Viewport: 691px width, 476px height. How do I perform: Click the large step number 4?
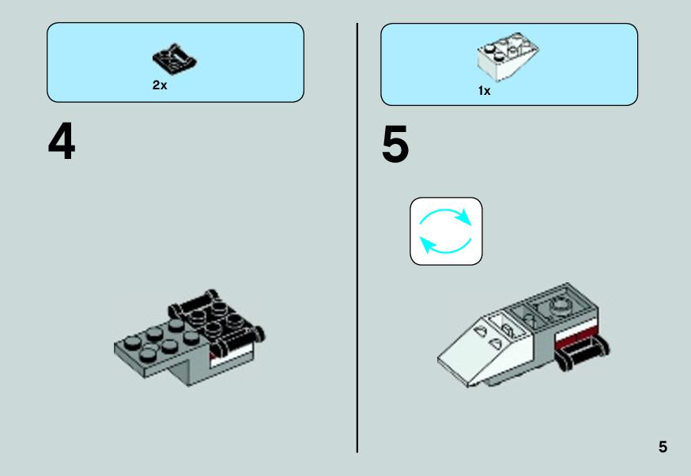point(62,141)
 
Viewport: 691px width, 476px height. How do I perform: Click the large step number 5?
point(395,144)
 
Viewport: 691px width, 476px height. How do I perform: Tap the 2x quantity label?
point(160,85)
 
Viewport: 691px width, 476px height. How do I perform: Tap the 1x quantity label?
point(485,91)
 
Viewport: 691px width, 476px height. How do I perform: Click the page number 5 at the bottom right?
point(663,447)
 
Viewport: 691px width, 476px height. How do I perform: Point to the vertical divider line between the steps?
point(357,238)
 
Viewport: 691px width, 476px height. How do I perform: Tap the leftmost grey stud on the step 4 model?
point(131,341)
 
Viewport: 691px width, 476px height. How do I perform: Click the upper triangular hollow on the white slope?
point(481,330)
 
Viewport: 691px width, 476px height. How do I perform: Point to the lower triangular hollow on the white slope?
point(496,343)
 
